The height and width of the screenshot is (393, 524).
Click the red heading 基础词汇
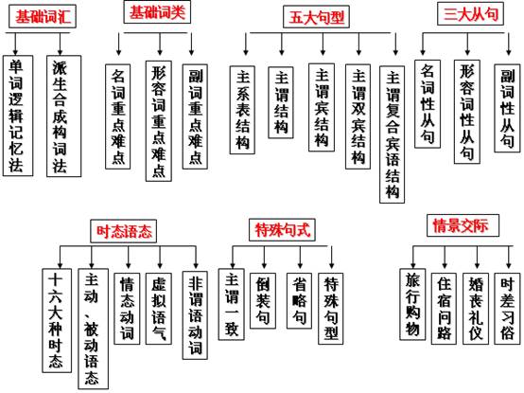point(43,16)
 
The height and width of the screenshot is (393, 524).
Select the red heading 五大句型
point(316,17)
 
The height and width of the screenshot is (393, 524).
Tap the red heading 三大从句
point(470,14)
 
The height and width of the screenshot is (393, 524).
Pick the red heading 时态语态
point(124,231)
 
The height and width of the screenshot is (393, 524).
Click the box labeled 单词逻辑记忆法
point(18,116)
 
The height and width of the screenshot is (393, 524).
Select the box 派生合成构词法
point(63,116)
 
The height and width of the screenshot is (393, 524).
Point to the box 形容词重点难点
point(159,121)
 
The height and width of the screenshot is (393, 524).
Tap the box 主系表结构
point(242,110)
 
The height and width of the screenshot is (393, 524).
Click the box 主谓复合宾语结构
point(392,134)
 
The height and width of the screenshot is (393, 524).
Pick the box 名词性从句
point(428,104)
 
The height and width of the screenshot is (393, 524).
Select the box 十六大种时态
point(57,320)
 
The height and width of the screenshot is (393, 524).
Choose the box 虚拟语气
point(159,309)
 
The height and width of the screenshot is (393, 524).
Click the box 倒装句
point(263,300)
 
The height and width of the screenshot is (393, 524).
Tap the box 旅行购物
point(412,304)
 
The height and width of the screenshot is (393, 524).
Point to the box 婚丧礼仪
point(476,309)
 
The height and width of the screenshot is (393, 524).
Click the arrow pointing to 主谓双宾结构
point(358,44)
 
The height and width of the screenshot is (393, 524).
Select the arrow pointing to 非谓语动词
point(196,258)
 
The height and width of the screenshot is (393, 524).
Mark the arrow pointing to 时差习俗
point(508,258)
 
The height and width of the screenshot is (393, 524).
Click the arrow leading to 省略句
point(300,258)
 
